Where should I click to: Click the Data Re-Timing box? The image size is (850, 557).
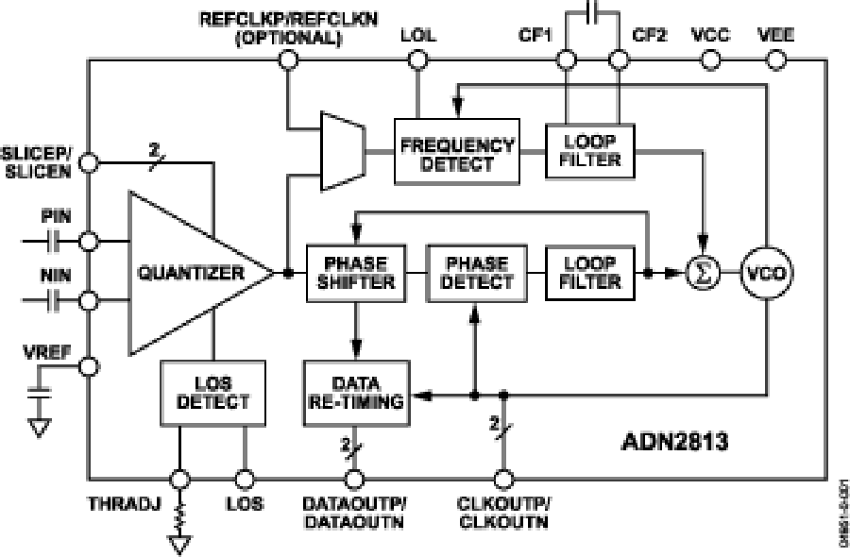click(355, 393)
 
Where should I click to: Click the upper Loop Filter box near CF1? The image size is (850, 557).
click(590, 151)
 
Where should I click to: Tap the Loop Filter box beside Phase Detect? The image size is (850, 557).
click(590, 274)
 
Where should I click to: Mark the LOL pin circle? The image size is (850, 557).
click(417, 60)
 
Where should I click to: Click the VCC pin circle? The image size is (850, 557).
click(710, 60)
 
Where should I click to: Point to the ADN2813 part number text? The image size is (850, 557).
click(674, 441)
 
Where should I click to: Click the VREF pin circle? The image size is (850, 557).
click(88, 366)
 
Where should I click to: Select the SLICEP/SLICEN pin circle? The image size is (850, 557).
click(88, 162)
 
